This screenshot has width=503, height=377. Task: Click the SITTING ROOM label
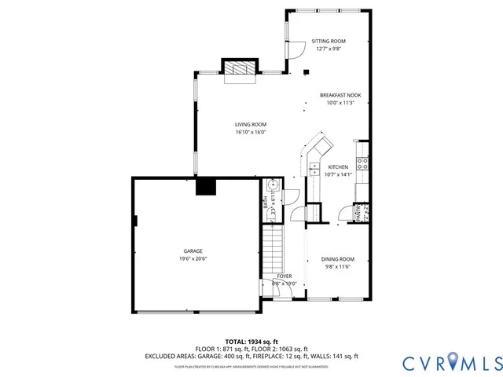pyautogui.click(x=329, y=41)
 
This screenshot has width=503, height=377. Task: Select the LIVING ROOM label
pyautogui.click(x=251, y=124)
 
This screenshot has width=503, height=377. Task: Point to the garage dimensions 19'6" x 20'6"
pyautogui.click(x=193, y=258)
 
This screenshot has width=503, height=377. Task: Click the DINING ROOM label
pyautogui.click(x=337, y=259)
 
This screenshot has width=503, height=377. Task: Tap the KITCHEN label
pyautogui.click(x=338, y=167)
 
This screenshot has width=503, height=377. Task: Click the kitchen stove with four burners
pyautogui.click(x=362, y=163)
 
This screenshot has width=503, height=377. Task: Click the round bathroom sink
pyautogui.click(x=272, y=185)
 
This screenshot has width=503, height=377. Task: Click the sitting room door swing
pyautogui.click(x=297, y=49)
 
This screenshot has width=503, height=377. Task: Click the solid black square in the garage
pyautogui.click(x=206, y=186)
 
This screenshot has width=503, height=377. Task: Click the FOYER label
pyautogui.click(x=284, y=276)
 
